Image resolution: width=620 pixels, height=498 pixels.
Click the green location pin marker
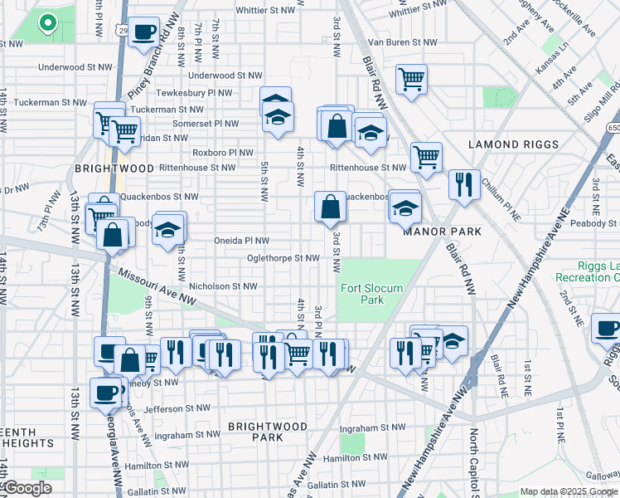(48, 25)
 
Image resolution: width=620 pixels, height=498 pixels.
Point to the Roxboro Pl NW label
(223, 153)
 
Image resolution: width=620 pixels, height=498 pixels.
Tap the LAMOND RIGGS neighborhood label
(516, 144)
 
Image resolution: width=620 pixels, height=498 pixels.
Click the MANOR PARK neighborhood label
(437, 232)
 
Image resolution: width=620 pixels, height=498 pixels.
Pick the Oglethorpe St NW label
(283, 258)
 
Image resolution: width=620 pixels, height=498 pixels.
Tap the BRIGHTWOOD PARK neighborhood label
(268, 432)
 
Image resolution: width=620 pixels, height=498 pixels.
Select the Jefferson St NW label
(173, 408)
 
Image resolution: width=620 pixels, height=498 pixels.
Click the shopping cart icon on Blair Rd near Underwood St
(411, 80)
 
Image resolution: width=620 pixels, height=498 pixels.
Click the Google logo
(27, 489)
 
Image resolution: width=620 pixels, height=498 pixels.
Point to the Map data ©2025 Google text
(569, 491)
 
